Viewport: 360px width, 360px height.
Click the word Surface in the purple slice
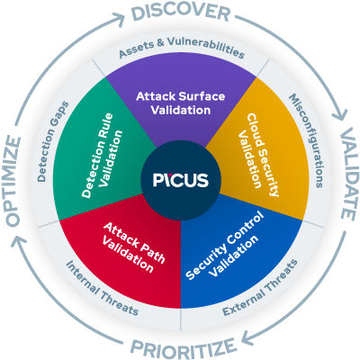pyautogui.click(x=197, y=94)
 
